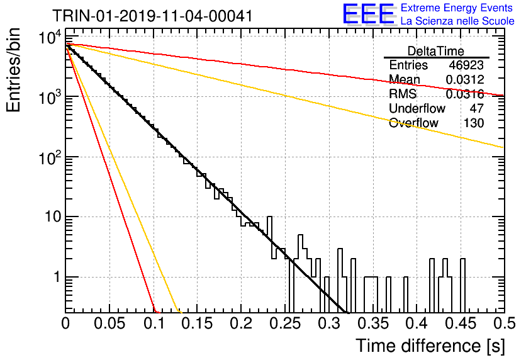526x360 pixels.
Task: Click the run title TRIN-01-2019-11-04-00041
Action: (x=152, y=16)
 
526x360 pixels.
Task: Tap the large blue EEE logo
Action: (x=369, y=14)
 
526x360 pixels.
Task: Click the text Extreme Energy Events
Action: (x=457, y=8)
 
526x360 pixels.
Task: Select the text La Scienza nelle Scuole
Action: (x=457, y=21)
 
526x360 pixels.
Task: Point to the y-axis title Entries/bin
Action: (x=13, y=70)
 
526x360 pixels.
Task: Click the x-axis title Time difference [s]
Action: (x=430, y=346)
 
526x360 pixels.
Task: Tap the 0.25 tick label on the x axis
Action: (x=287, y=323)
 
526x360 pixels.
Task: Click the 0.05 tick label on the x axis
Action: (x=109, y=323)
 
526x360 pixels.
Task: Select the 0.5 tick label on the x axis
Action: (x=505, y=323)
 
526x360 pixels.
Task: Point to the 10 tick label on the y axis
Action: (x=53, y=217)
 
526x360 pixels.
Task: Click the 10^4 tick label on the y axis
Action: (x=50, y=37)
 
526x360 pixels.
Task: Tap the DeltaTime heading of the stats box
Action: (x=436, y=51)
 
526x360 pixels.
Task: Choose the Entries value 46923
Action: (x=466, y=65)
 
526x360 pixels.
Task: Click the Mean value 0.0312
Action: (x=465, y=79)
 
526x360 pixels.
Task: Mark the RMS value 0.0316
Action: (x=465, y=94)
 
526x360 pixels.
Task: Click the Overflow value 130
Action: (x=474, y=123)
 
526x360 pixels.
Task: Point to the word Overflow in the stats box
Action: (x=413, y=123)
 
